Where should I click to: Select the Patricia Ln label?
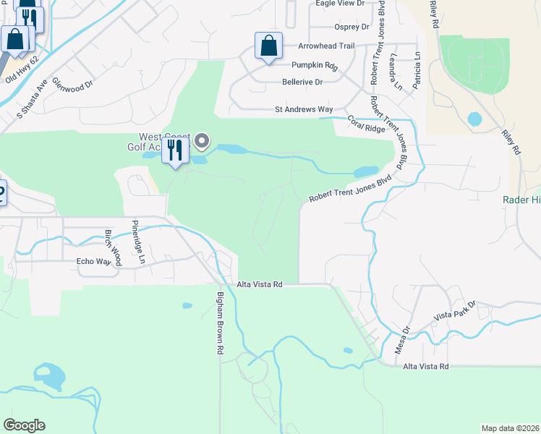(418, 75)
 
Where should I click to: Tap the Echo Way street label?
(92, 262)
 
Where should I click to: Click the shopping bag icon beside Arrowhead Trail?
(268, 47)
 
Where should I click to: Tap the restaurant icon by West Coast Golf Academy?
(174, 150)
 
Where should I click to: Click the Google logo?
(24, 425)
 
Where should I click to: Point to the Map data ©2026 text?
(510, 428)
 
